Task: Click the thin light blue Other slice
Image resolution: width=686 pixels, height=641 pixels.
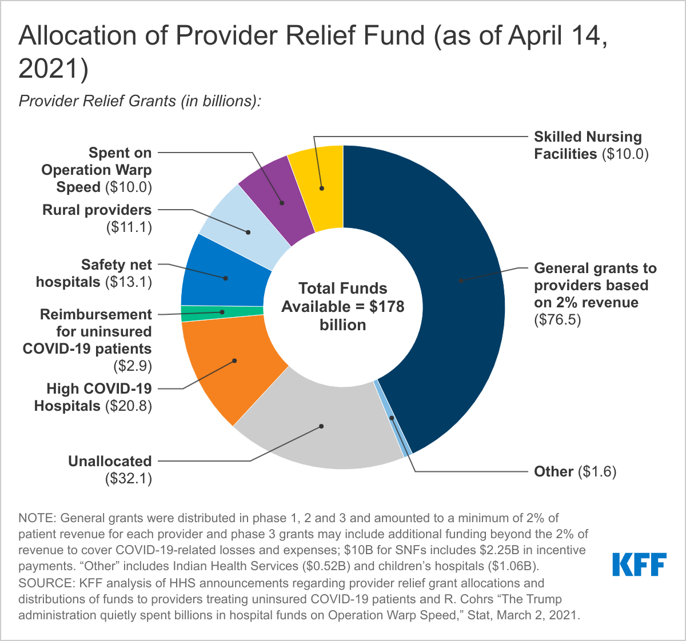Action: click(392, 418)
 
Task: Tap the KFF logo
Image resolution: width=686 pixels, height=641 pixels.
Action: click(639, 564)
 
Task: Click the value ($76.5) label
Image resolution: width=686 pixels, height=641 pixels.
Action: click(557, 320)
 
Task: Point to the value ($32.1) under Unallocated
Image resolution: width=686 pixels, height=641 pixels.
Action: click(129, 479)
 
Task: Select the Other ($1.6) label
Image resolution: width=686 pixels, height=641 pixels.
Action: click(575, 472)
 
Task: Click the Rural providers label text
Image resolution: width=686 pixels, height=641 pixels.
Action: click(97, 210)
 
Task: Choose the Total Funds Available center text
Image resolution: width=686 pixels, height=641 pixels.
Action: click(343, 306)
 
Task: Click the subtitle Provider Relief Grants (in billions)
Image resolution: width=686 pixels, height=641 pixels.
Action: click(140, 101)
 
